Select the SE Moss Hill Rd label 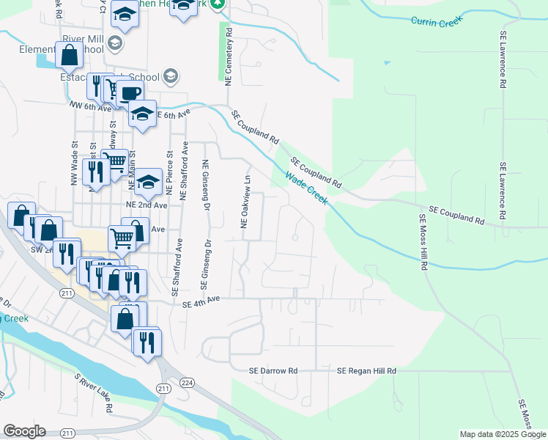(x=423, y=242)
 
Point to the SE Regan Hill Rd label (x=366, y=371)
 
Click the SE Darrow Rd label (x=273, y=371)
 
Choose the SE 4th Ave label (x=201, y=300)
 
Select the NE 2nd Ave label (x=147, y=205)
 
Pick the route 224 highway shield (x=187, y=382)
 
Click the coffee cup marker (x=130, y=93)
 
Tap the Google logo (x=24, y=431)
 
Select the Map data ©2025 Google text (x=502, y=434)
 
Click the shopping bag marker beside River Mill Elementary (x=69, y=55)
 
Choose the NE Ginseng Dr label (x=206, y=183)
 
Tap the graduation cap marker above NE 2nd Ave (x=149, y=181)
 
